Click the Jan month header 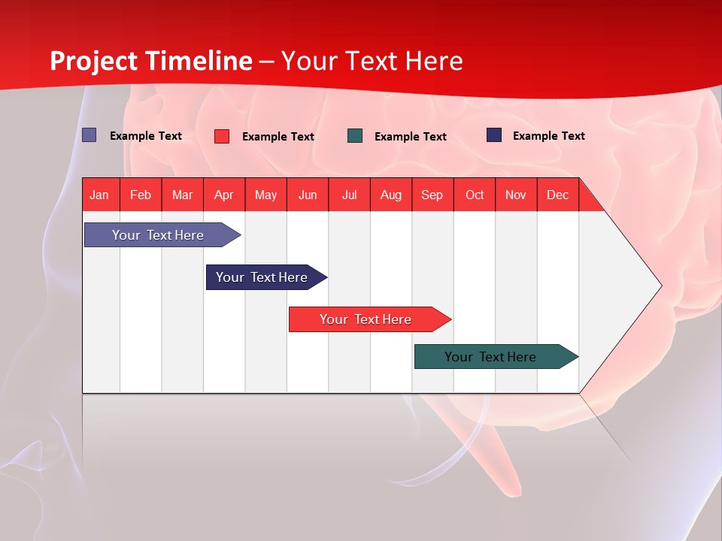click(x=100, y=195)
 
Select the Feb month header click(x=141, y=195)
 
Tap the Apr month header click(x=224, y=195)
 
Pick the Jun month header click(x=308, y=195)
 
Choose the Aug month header click(x=391, y=195)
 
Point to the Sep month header click(x=432, y=195)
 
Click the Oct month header click(x=475, y=195)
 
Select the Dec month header click(x=558, y=195)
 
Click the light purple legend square click(x=89, y=135)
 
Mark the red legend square click(x=222, y=136)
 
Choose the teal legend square click(x=355, y=136)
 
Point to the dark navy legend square click(x=494, y=135)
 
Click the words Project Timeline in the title click(x=151, y=61)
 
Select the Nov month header click(x=516, y=195)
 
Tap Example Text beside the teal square click(x=411, y=137)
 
